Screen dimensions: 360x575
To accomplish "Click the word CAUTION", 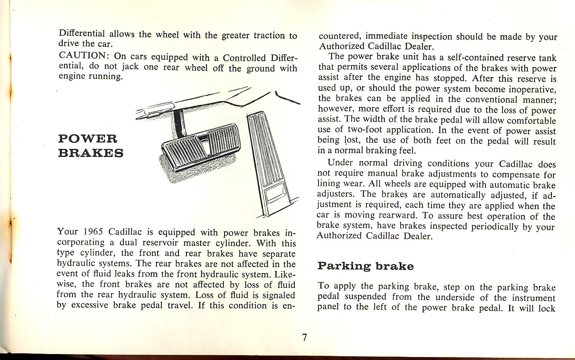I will [82, 55].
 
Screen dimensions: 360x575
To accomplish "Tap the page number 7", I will [304, 337].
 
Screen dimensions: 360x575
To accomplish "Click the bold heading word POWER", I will [88, 139].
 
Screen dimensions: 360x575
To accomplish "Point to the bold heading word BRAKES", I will [91, 153].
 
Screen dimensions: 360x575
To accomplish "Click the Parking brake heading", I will [365, 266].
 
